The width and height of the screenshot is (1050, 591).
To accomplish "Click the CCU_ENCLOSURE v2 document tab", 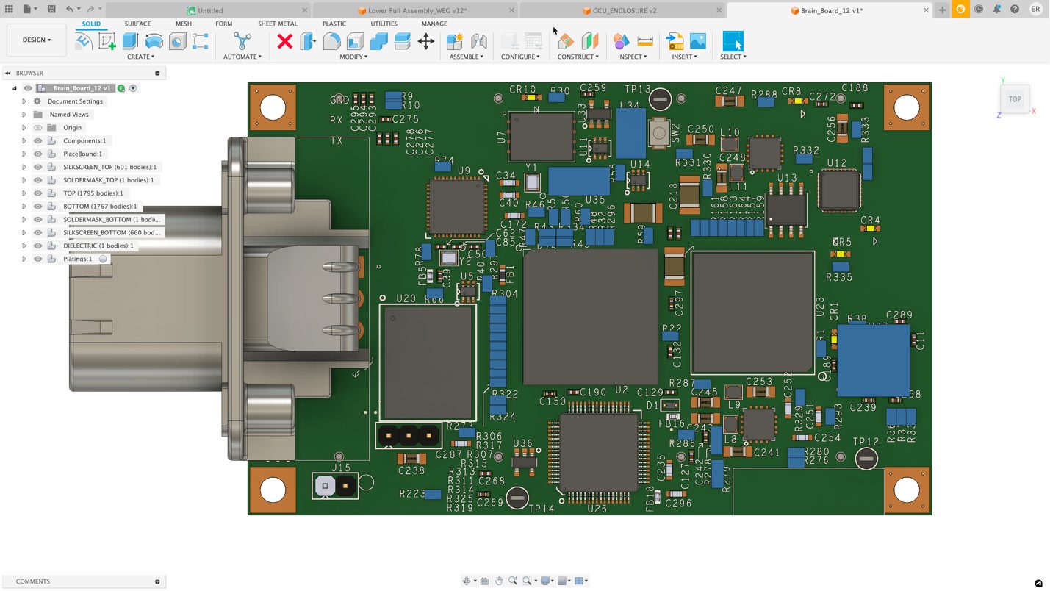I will click(x=624, y=11).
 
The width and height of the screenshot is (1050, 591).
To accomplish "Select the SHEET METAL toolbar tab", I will click(x=277, y=24).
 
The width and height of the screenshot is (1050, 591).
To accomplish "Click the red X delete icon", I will click(x=284, y=41).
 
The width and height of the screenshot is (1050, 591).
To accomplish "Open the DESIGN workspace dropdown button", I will click(x=36, y=40).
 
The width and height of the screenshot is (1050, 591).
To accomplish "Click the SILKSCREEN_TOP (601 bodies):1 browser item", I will click(x=109, y=167).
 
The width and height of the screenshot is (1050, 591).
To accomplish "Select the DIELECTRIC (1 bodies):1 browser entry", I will click(x=98, y=246).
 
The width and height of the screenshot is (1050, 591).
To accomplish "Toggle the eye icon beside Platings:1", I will click(x=37, y=259).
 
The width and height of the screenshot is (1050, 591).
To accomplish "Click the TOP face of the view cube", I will click(x=1014, y=99).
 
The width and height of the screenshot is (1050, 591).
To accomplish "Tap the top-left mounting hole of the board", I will click(x=273, y=107).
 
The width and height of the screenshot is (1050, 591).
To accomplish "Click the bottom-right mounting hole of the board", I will click(x=906, y=490).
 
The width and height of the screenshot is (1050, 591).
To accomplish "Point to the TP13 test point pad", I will click(x=660, y=99).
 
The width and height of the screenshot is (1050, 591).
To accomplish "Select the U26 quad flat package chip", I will click(x=598, y=452).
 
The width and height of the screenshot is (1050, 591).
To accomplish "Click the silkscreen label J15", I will click(x=341, y=468).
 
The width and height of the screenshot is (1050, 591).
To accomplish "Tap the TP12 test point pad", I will click(x=866, y=459).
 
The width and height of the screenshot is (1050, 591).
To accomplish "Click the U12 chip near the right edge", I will click(x=839, y=190).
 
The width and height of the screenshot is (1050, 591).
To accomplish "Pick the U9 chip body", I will click(x=457, y=207).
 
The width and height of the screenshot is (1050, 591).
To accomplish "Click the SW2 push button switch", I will click(x=658, y=132).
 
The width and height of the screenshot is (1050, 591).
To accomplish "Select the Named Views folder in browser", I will click(x=69, y=115).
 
